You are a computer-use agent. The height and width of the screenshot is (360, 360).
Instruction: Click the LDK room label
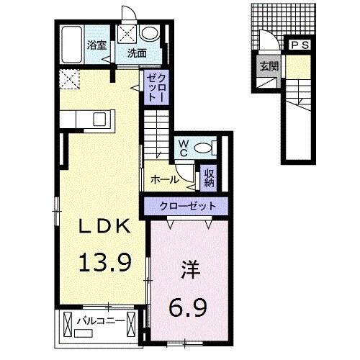click(x=104, y=228)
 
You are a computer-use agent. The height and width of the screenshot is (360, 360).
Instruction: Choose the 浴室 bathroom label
click(x=96, y=45)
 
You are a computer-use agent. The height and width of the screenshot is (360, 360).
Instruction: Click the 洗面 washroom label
click(x=138, y=53)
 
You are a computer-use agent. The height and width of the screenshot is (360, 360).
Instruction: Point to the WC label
click(x=184, y=148)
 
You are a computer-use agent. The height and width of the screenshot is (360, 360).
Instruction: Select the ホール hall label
click(x=165, y=178)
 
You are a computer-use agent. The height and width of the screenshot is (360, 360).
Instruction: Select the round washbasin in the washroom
click(x=150, y=34)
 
